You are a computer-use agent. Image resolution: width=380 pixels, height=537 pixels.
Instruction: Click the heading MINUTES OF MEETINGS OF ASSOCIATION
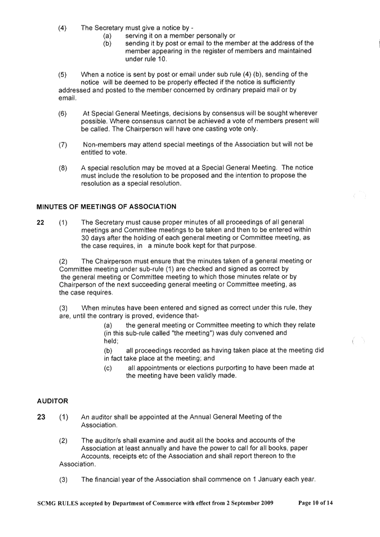click(106, 207)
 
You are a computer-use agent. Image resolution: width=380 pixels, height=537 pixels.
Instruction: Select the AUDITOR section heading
click(52, 401)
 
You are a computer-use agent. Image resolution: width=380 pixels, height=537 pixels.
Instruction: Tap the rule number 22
click(41, 223)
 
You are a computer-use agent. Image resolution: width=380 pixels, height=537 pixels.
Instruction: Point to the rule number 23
click(41, 417)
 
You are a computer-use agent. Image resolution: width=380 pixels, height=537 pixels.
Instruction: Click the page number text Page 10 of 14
click(315, 503)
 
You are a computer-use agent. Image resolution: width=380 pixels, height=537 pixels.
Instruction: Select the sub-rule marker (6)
click(62, 114)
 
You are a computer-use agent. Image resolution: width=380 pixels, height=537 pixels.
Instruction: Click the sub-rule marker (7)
click(62, 145)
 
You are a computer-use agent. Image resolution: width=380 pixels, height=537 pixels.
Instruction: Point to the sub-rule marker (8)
click(62, 168)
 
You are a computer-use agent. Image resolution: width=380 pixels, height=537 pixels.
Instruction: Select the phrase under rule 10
click(146, 59)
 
